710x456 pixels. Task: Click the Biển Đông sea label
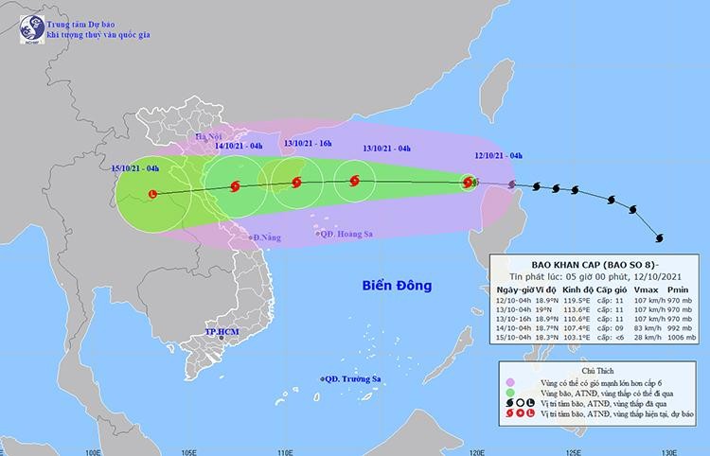(x=396, y=285)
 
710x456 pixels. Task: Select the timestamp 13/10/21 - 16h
(x=310, y=143)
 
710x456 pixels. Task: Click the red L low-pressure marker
(x=154, y=194)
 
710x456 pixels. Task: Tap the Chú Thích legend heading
(x=595, y=360)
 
